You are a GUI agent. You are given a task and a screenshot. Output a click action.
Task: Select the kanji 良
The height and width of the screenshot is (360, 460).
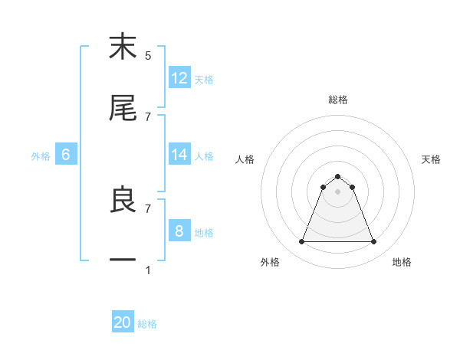123,200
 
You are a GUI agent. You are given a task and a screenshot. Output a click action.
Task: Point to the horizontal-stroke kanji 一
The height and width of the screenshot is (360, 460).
123,261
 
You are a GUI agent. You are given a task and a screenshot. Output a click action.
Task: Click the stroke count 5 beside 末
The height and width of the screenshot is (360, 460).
148,56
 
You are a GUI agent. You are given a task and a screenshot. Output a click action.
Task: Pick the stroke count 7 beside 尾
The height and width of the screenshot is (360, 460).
148,116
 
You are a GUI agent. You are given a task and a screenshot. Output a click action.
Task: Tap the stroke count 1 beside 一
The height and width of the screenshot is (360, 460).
148,270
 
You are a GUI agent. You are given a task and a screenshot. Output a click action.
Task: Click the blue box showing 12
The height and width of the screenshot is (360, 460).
179,78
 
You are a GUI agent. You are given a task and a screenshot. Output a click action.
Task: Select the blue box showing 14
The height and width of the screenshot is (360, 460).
179,155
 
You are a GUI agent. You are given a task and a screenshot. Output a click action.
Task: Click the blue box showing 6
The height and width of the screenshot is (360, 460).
66,155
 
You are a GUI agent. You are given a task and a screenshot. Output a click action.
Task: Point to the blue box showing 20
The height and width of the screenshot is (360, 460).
123,323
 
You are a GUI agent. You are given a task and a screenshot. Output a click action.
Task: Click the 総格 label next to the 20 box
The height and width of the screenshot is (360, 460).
147,324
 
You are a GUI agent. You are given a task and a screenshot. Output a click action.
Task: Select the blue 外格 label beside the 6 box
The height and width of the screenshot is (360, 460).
41,155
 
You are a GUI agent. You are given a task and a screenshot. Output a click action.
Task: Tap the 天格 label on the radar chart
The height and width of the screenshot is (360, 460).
432,159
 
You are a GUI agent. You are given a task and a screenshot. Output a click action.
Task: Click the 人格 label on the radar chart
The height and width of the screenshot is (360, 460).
245,159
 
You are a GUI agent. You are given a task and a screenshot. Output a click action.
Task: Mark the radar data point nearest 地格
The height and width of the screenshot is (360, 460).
374,242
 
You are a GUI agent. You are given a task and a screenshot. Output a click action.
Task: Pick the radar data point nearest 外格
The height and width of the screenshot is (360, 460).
301,242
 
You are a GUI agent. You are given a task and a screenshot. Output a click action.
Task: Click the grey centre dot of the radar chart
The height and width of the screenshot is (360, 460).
337,191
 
